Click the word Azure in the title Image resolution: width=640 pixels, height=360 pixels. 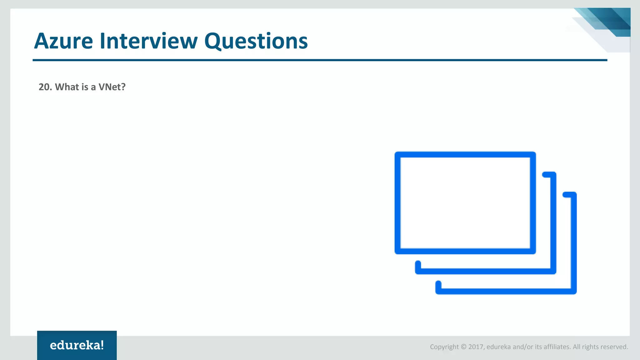click(x=63, y=41)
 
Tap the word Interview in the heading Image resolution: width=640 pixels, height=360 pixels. click(x=148, y=41)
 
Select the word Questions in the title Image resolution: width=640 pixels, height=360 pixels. click(x=256, y=41)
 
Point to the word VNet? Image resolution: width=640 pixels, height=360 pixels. click(x=112, y=87)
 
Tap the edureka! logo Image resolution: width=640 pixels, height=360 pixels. click(x=77, y=345)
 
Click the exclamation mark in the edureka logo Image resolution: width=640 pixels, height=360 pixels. click(x=102, y=345)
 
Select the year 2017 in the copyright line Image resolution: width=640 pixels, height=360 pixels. click(x=476, y=347)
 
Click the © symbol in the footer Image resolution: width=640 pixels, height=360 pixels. click(x=463, y=347)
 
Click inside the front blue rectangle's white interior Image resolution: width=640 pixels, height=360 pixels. click(x=465, y=203)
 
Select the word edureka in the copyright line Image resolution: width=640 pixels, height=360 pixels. click(x=498, y=347)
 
